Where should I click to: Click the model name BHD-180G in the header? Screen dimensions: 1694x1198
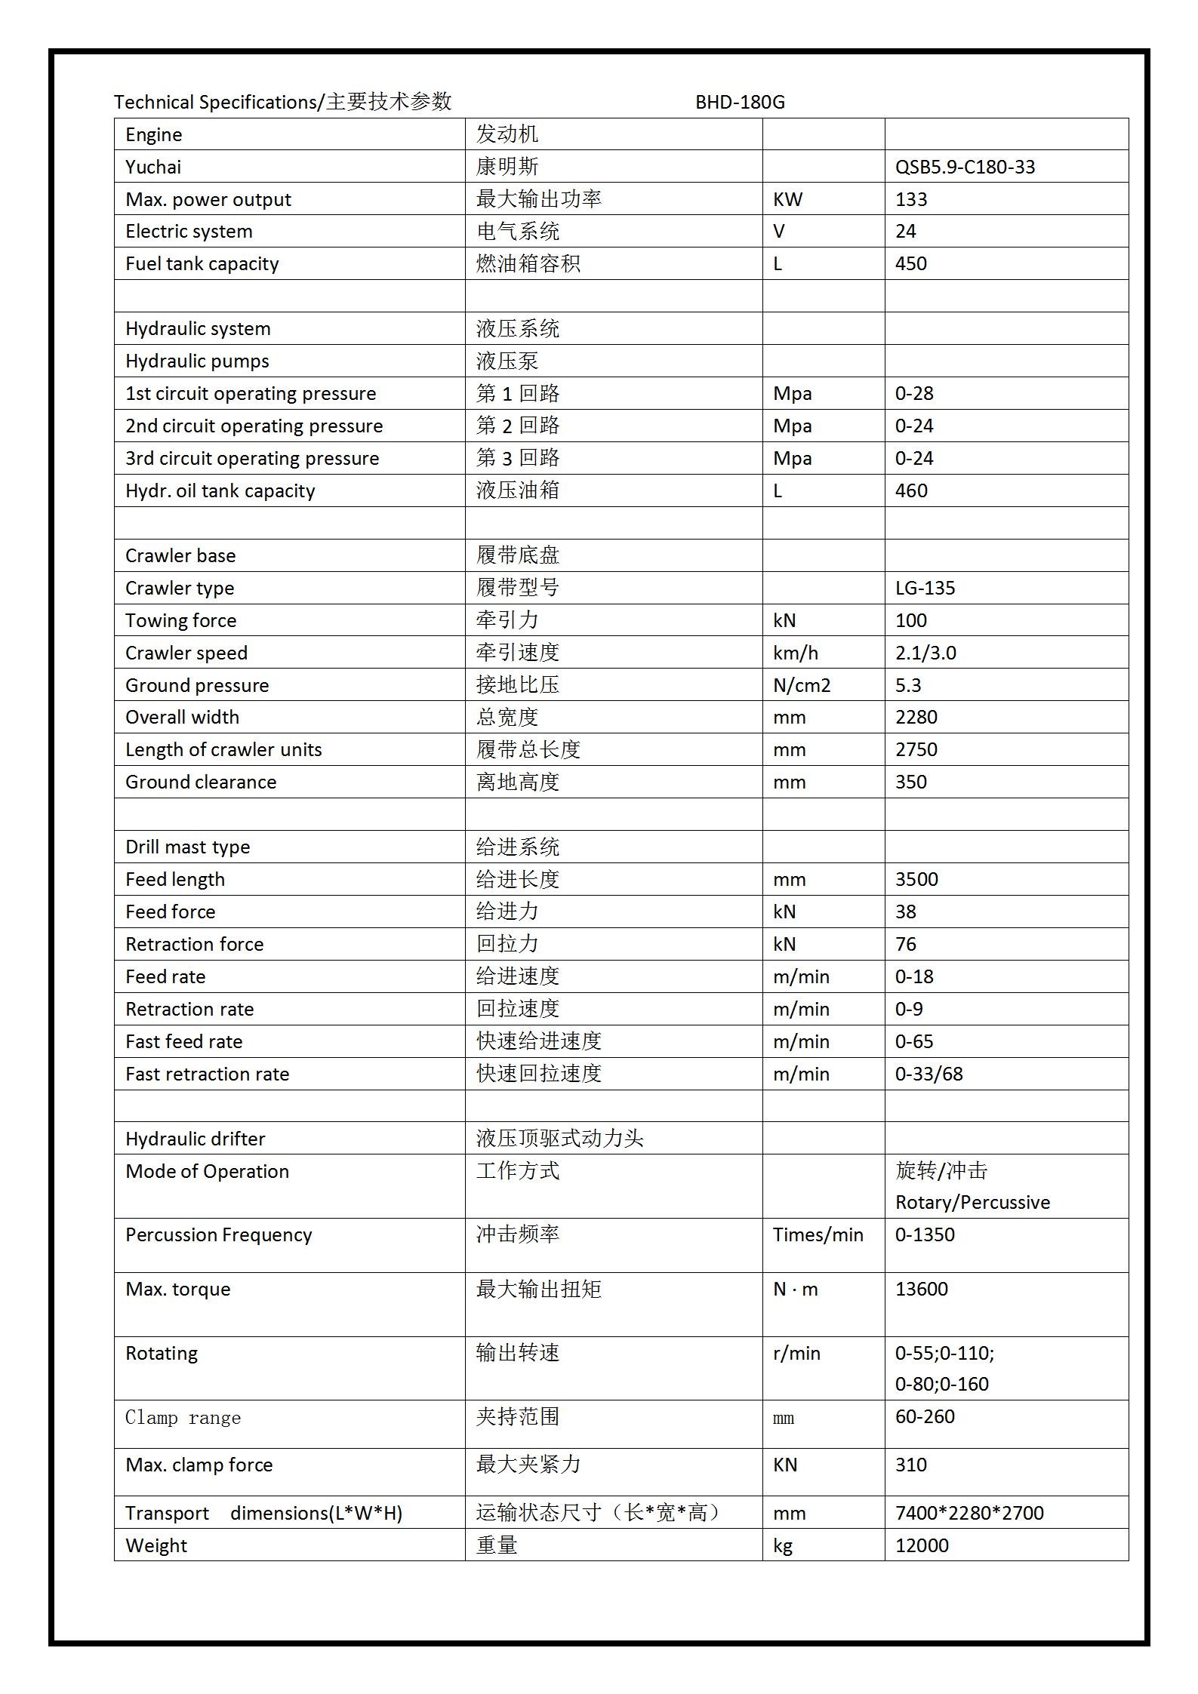coord(740,102)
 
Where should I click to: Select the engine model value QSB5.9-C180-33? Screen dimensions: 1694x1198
coord(965,167)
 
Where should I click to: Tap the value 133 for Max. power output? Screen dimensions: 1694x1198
coord(911,199)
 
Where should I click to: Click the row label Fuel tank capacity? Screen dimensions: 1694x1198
coord(202,264)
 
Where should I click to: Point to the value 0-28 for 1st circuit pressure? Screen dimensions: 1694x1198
coord(914,393)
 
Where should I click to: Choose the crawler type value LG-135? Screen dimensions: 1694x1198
coord(925,588)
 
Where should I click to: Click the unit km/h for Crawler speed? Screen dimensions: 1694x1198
coord(795,653)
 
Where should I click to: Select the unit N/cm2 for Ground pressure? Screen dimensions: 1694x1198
coord(801,685)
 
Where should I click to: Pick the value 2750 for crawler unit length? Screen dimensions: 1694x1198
coord(916,749)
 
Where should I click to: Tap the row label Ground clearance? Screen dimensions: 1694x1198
coord(201,782)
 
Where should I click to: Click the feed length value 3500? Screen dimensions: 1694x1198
coord(916,879)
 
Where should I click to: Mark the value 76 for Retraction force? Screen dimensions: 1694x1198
coord(905,944)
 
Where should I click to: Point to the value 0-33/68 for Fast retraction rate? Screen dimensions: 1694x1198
coord(929,1074)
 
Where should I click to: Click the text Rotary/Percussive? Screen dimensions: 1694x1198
coord(972,1202)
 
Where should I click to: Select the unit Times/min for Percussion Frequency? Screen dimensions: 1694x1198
coord(818,1234)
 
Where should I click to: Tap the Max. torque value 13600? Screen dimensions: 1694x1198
coord(921,1289)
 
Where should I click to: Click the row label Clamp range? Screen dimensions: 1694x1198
coord(183,1417)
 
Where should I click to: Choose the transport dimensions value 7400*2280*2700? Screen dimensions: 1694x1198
coord(969,1513)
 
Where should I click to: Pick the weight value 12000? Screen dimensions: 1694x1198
coord(922,1545)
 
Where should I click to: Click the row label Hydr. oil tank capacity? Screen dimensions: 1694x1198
coord(220,491)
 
